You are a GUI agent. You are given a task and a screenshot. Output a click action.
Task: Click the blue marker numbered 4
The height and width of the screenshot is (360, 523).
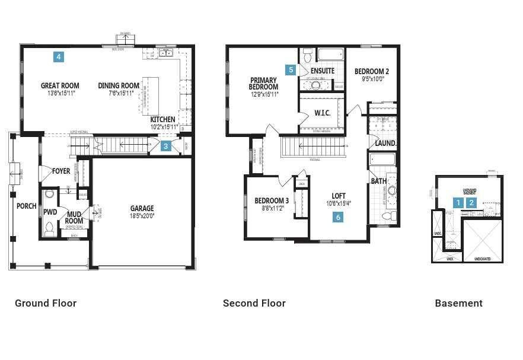coord(58,57)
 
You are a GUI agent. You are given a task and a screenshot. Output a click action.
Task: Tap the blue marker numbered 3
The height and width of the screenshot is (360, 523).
coord(166,146)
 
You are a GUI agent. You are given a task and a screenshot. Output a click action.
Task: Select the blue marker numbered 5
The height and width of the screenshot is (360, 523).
coord(291,69)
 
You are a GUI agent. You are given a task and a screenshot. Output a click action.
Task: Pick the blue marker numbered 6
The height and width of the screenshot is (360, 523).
coord(338,217)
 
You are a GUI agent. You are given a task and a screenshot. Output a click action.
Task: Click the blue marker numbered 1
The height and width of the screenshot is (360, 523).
coord(458,202)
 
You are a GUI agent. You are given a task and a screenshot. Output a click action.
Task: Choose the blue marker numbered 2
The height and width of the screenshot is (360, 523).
coord(471,202)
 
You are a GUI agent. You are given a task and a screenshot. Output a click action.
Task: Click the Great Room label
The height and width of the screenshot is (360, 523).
coord(60,85)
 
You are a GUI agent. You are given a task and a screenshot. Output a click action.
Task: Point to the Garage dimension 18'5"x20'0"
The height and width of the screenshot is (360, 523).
coord(142,216)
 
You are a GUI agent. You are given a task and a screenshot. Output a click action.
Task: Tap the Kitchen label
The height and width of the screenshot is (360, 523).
coord(162,119)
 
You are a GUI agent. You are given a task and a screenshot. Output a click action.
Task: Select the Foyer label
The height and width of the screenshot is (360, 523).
coord(61,171)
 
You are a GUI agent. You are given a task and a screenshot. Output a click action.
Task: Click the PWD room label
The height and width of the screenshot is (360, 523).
coord(50,212)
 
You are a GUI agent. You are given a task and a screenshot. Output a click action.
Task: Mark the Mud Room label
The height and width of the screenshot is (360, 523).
coord(74,218)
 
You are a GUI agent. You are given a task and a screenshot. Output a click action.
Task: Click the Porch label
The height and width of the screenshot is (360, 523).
coord(26,206)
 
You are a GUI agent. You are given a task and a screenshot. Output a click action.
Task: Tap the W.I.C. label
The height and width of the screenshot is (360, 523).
coord(323,113)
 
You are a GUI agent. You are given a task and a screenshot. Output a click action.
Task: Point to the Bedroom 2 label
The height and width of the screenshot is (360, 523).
coord(372,71)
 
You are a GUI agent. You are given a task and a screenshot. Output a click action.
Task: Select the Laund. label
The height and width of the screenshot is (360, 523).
coord(385,144)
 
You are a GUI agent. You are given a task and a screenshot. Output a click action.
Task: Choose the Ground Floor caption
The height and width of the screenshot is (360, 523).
coord(46,303)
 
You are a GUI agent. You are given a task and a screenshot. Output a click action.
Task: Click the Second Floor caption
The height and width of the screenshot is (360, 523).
coord(254,303)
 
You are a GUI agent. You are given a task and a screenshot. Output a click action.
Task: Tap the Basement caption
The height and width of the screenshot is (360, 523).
coord(458,303)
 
